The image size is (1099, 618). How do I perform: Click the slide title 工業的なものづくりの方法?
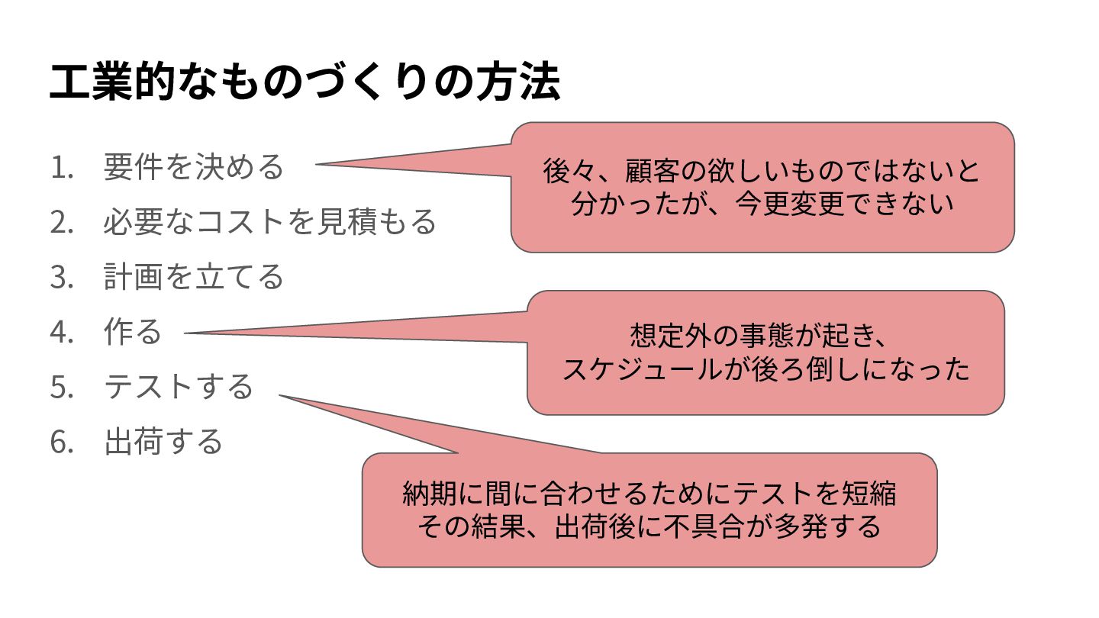(305, 84)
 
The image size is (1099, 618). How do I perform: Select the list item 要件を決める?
(193, 167)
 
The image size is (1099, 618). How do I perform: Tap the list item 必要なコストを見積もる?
(269, 221)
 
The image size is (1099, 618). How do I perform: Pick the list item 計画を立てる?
(193, 276)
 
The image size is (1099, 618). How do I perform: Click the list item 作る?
(133, 332)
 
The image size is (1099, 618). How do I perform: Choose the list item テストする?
(178, 386)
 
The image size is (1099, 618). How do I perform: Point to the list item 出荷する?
(163, 442)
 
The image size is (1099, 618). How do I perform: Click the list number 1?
(61, 167)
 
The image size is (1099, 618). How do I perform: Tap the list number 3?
(61, 276)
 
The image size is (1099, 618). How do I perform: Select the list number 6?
(61, 442)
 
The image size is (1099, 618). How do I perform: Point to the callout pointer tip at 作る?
(187, 333)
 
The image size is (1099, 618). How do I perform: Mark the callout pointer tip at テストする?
(280, 395)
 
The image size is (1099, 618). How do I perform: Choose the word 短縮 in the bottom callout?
(869, 494)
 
